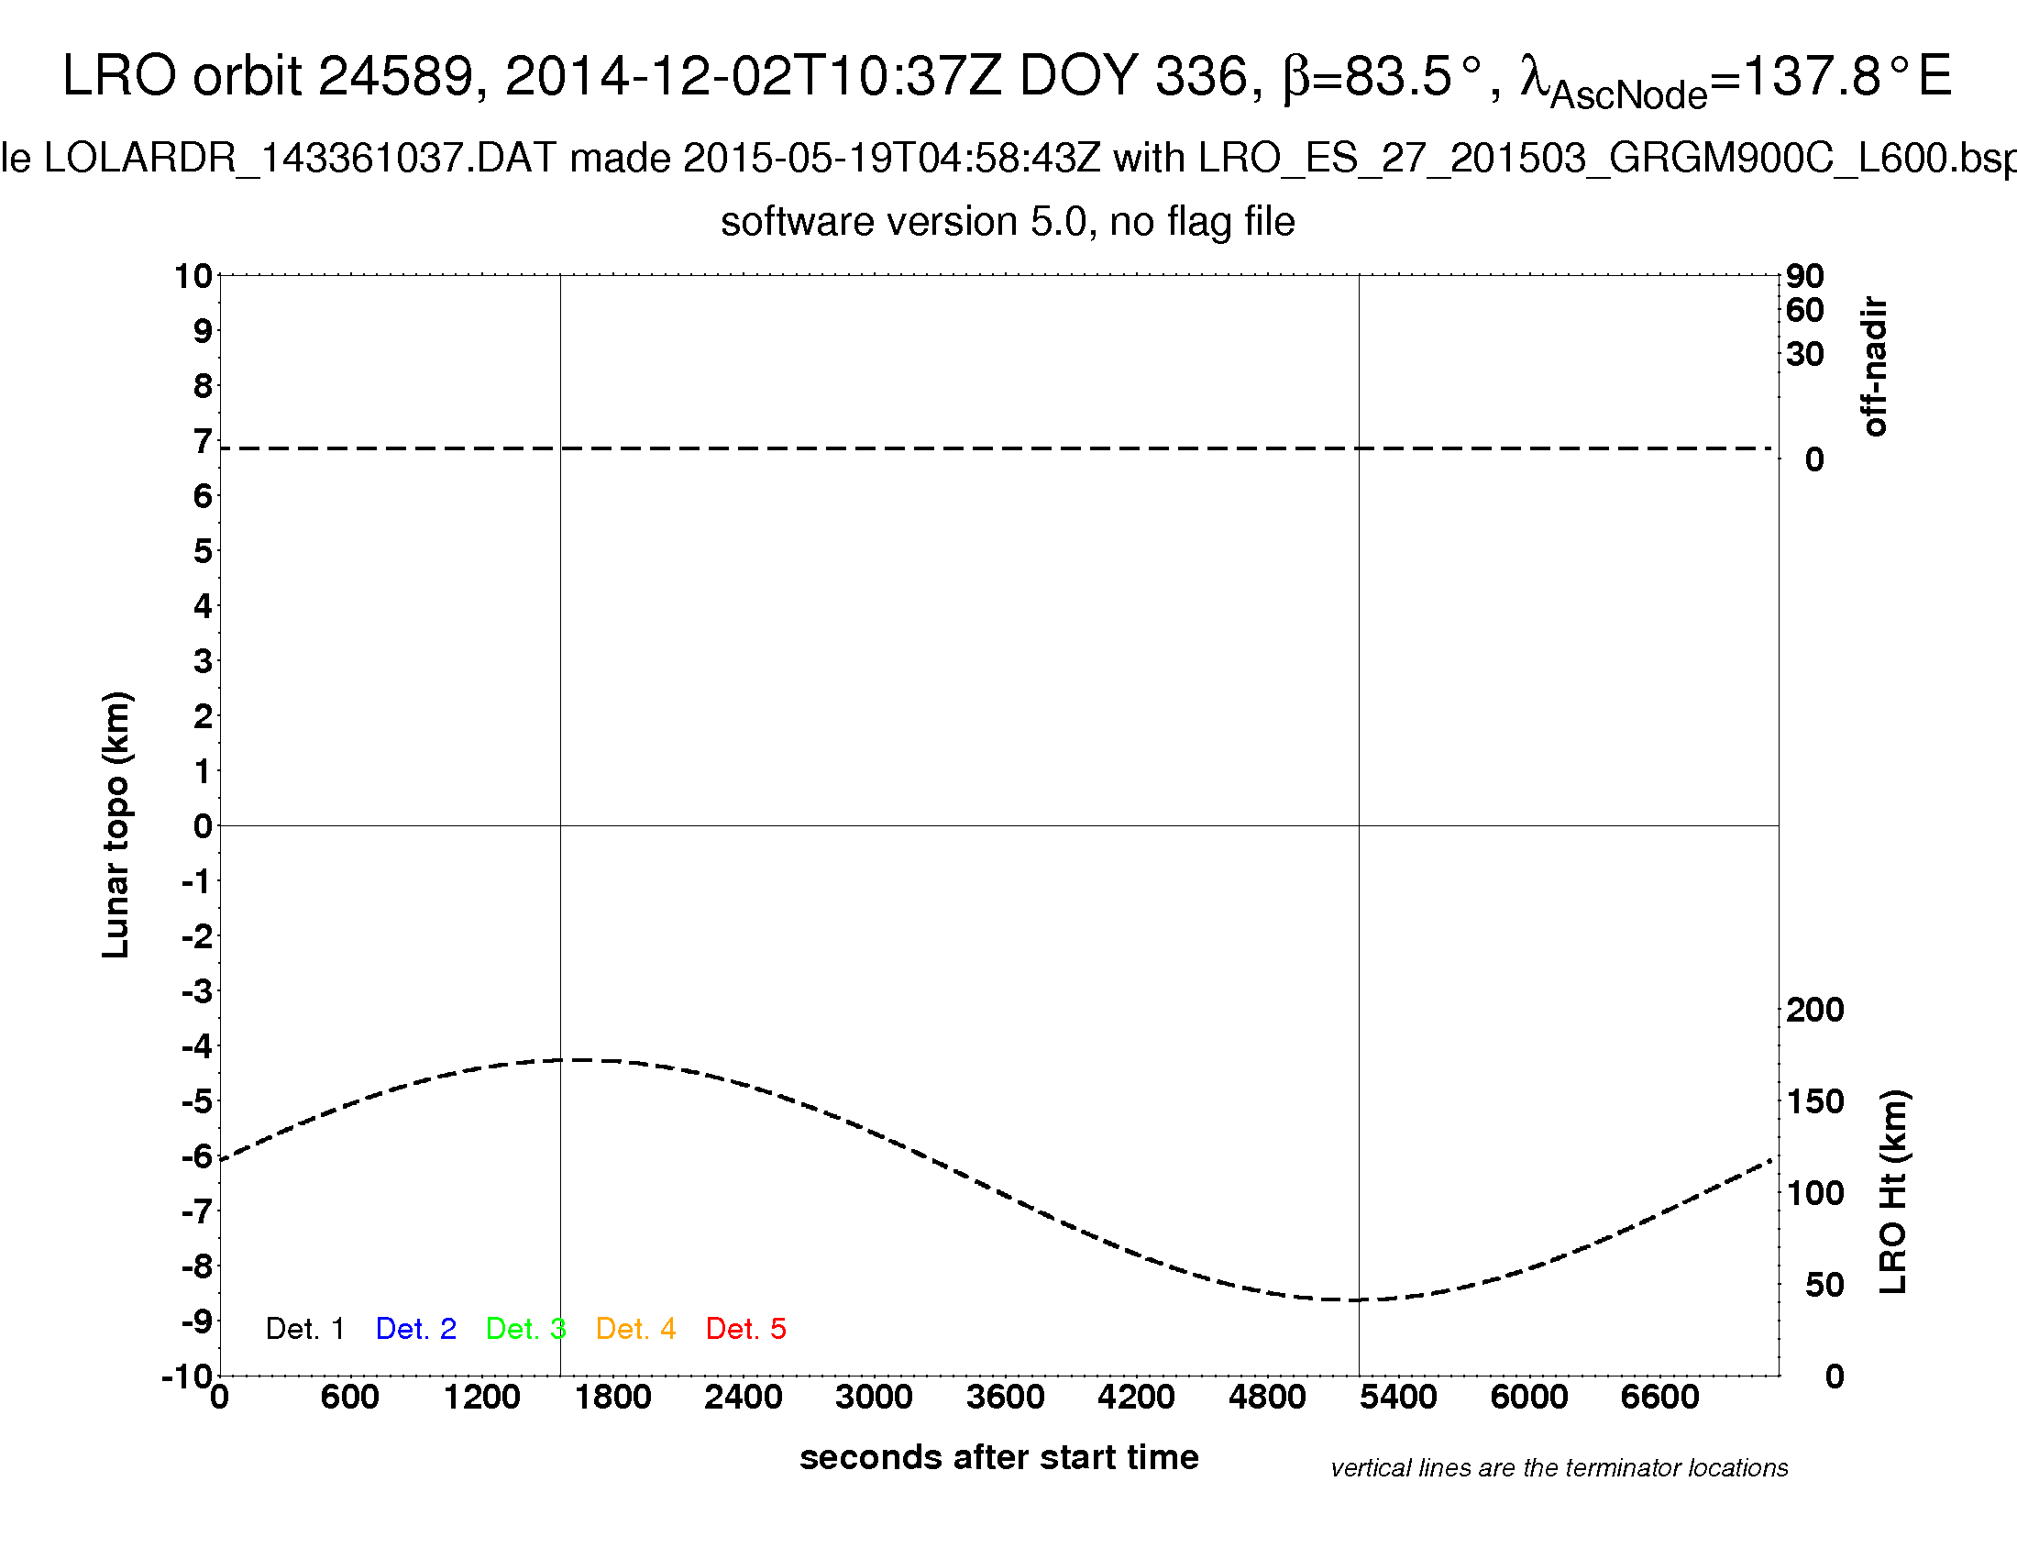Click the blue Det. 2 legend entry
tap(415, 1329)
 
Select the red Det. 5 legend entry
tap(745, 1329)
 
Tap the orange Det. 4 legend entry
tap(635, 1329)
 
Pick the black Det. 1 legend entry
tap(304, 1329)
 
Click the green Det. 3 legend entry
tap(525, 1329)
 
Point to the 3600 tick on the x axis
tap(1005, 1398)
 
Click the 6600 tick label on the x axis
tap(1659, 1398)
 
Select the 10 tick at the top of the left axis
tap(194, 276)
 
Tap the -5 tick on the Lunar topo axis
tap(197, 1101)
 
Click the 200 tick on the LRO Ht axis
tap(1814, 1011)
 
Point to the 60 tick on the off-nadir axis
tap(1804, 310)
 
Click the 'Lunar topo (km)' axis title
tap(116, 824)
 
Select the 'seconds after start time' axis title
tap(999, 1457)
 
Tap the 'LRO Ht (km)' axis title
tap(1893, 1191)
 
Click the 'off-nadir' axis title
tap(1875, 366)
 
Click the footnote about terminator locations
tap(1559, 1468)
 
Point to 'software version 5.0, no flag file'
tap(1008, 222)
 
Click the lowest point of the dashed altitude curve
tap(1339, 1299)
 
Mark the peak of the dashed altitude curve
tap(587, 1060)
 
